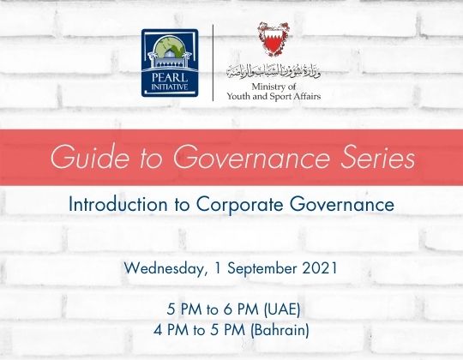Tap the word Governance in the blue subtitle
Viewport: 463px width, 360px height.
tap(338, 207)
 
